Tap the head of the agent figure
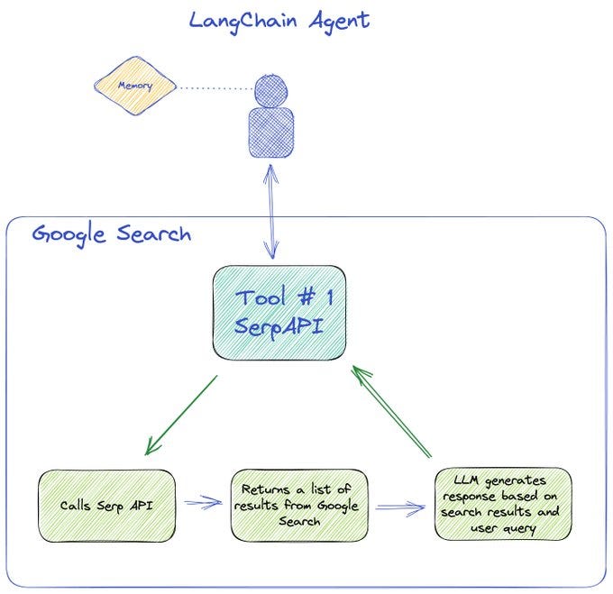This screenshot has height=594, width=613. (270, 91)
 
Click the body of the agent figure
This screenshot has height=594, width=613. (270, 132)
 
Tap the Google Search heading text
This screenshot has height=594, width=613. (112, 234)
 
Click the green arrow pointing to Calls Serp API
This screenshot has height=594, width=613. (180, 416)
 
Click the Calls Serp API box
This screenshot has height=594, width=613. (106, 505)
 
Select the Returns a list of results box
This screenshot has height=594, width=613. (299, 505)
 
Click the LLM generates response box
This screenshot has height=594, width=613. (502, 503)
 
